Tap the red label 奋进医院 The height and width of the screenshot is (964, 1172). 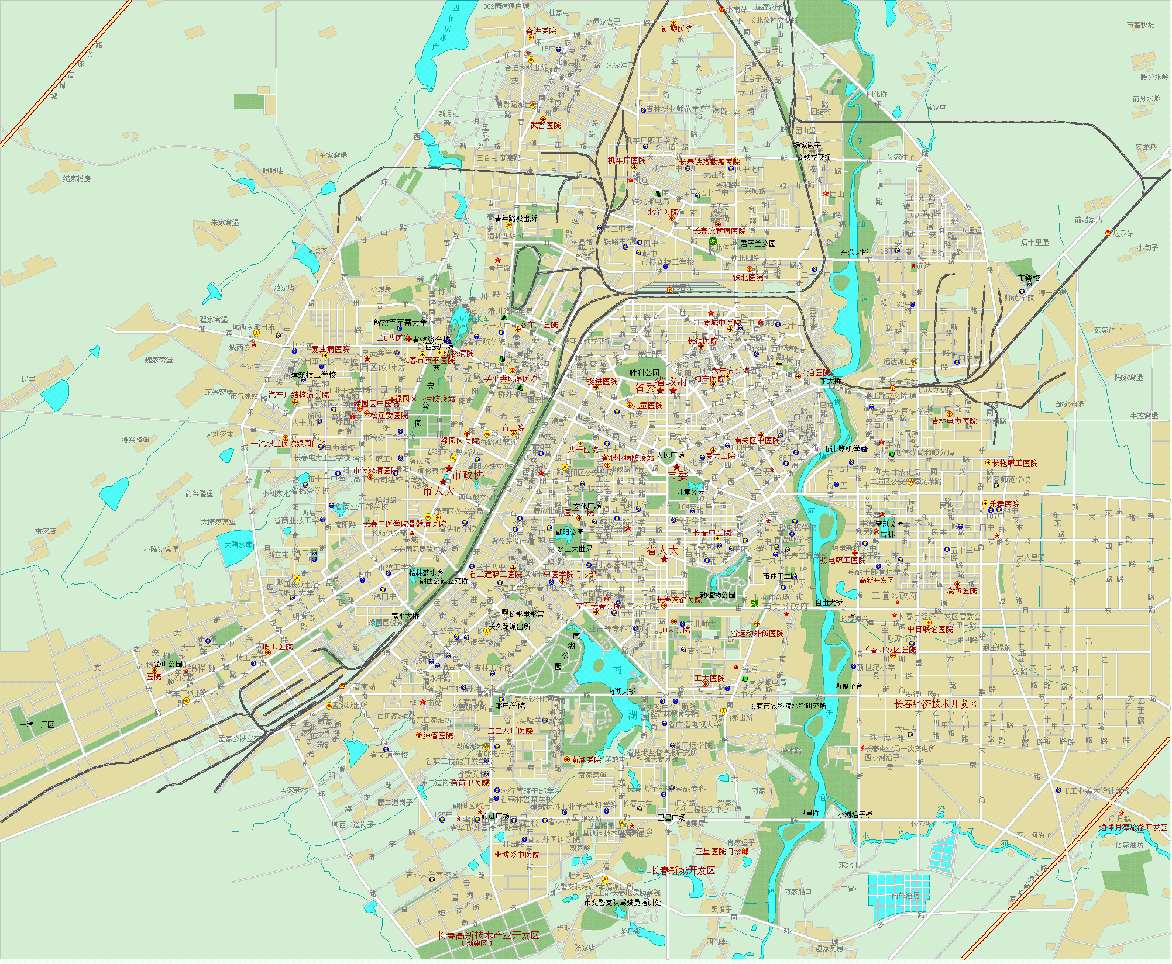tap(541, 32)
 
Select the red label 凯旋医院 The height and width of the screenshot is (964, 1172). tap(677, 29)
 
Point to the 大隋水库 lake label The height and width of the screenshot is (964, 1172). tap(239, 545)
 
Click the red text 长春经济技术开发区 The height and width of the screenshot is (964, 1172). tap(936, 704)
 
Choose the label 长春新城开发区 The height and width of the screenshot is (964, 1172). tap(683, 871)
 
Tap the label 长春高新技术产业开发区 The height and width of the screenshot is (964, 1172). tap(488, 936)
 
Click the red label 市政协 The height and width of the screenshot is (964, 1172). tap(468, 476)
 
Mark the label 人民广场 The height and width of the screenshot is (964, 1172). tap(671, 455)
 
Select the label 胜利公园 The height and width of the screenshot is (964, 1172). tap(644, 373)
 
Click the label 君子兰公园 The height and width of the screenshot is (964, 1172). tap(758, 244)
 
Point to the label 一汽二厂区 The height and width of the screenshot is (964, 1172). tap(37, 725)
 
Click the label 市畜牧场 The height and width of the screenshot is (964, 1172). tap(1141, 25)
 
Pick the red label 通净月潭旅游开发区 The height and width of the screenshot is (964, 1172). tap(1133, 828)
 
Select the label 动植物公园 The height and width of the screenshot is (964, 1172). tap(717, 595)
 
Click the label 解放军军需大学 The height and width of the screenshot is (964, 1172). tap(401, 323)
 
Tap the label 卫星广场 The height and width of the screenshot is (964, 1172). tap(672, 818)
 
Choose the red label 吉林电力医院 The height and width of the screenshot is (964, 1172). tap(954, 421)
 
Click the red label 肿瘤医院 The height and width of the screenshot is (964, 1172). tap(438, 736)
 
